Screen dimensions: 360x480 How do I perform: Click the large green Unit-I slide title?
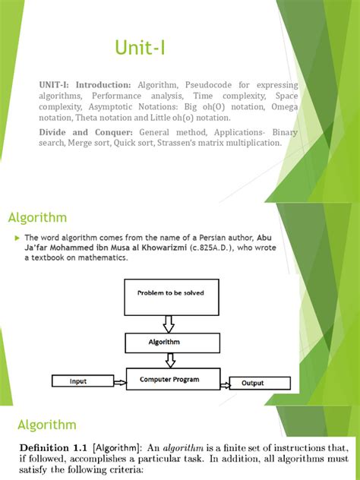point(140,49)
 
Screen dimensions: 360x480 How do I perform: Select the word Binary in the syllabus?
point(282,132)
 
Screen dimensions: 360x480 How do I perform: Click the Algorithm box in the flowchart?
point(170,343)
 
